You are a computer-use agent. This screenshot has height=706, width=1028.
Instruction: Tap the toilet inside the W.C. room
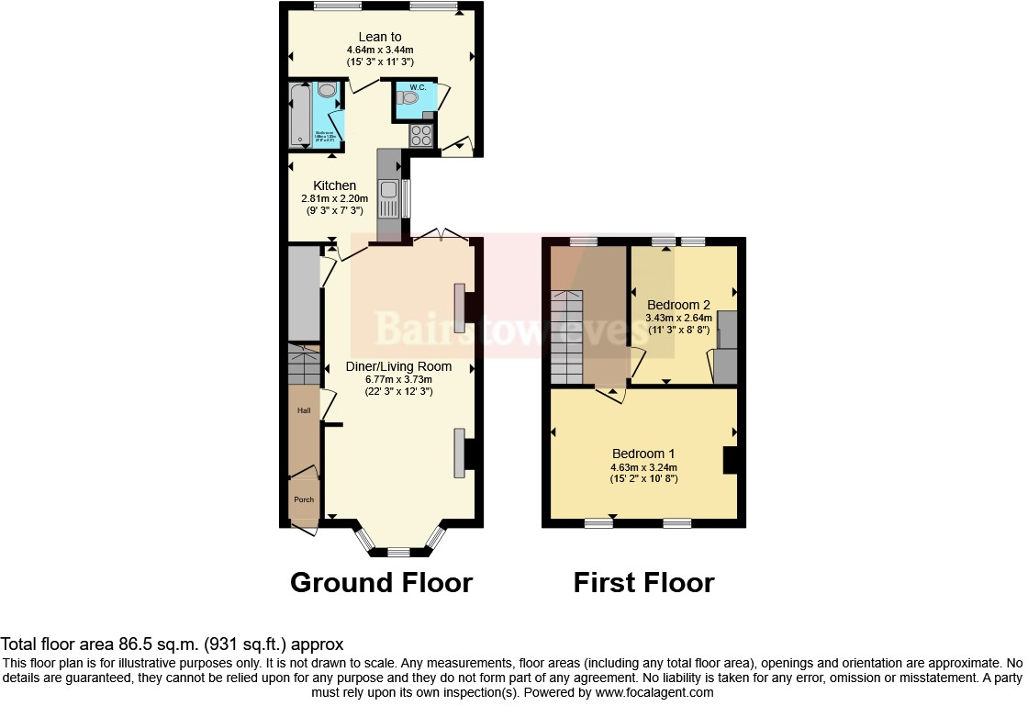[x=408, y=96]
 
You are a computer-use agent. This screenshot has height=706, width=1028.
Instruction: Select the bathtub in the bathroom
[x=300, y=115]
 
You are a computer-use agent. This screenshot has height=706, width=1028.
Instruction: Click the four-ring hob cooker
[x=421, y=135]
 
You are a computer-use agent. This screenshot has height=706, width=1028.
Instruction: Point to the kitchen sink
[x=389, y=194]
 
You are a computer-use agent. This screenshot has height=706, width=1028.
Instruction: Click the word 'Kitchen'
[x=334, y=185]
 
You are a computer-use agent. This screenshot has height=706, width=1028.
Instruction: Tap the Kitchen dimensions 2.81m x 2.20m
[x=334, y=198]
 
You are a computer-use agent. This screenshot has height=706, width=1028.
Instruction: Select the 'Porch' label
[x=303, y=499]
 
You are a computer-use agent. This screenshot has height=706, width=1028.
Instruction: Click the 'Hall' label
[x=303, y=410]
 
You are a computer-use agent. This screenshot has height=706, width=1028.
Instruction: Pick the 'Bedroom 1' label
[x=643, y=454]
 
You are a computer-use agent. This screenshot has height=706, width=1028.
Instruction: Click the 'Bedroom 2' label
[x=678, y=305]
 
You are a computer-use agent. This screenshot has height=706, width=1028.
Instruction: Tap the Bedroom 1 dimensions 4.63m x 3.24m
[x=643, y=466]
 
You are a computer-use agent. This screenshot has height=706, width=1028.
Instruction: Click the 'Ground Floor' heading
[x=381, y=582]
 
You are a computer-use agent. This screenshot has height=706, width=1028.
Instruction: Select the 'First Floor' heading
[x=643, y=582]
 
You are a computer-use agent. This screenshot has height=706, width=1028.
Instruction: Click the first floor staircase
[x=566, y=337]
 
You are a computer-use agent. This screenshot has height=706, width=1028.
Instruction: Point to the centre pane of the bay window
[x=397, y=553]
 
